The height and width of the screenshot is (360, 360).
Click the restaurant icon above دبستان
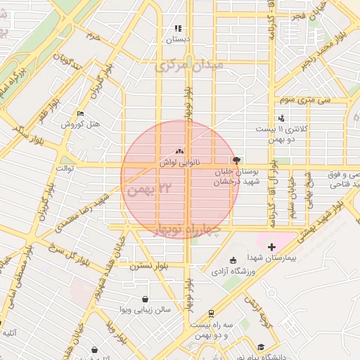point(179,29)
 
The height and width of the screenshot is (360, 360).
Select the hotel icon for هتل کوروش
point(80,114)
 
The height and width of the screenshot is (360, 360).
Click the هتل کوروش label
point(82,124)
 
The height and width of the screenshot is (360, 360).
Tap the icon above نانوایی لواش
point(179,151)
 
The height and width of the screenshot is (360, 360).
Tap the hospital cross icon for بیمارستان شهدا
point(272,247)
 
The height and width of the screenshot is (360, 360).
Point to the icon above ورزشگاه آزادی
point(233,260)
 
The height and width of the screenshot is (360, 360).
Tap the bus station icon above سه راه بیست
point(212,313)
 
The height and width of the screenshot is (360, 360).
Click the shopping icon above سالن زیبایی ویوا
point(145,298)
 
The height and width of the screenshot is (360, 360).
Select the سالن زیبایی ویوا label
point(146,309)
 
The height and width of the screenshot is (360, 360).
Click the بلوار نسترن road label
point(149,266)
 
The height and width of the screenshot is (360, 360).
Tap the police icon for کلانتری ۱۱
point(281,118)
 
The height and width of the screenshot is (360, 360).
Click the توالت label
point(65,169)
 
